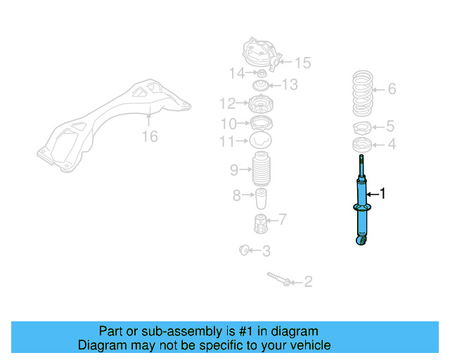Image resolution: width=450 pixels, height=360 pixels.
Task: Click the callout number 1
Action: pyautogui.click(x=382, y=193)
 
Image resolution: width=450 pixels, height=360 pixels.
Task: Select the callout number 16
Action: pyautogui.click(x=150, y=136)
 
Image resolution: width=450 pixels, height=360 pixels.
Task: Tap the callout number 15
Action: pyautogui.click(x=302, y=63)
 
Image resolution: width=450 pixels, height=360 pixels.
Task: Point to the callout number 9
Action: pyautogui.click(x=234, y=169)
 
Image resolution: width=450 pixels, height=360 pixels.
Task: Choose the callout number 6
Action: pyautogui.click(x=392, y=89)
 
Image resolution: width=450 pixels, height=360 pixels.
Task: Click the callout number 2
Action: pyautogui.click(x=307, y=283)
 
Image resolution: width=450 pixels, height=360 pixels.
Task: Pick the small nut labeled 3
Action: pyautogui.click(x=245, y=249)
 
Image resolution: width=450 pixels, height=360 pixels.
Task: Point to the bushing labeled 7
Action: pyautogui.click(x=261, y=225)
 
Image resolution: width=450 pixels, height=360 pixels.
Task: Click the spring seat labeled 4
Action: pyautogui.click(x=361, y=146)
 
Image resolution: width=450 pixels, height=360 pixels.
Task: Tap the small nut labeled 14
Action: pyautogui.click(x=261, y=73)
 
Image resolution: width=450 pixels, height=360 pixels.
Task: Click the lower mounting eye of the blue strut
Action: pyautogui.click(x=363, y=241)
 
